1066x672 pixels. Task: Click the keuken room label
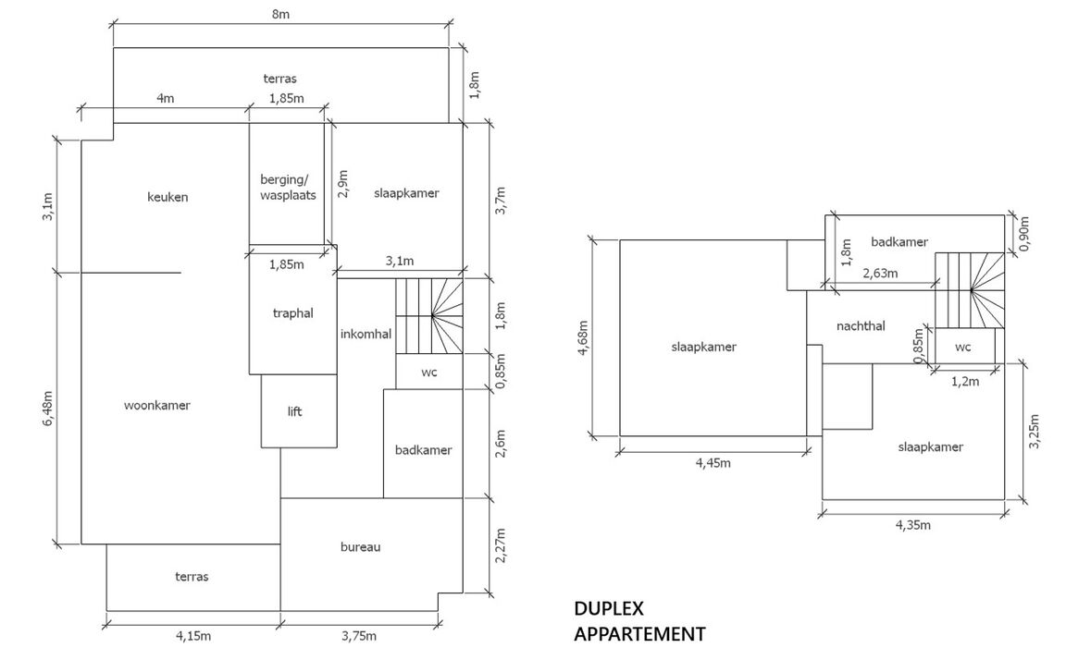(167, 197)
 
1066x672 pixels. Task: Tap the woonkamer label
(157, 405)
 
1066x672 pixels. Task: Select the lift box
(294, 412)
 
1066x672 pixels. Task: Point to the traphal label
(293, 313)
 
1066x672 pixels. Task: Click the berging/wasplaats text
(288, 188)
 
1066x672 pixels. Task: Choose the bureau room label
(361, 546)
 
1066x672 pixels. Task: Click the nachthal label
(861, 325)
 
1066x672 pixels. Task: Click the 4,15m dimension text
(192, 636)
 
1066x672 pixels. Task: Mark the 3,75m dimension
(358, 636)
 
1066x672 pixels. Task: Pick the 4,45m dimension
(713, 463)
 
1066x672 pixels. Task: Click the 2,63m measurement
(880, 274)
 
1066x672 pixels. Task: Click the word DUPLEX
(608, 609)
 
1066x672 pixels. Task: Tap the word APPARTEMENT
(639, 634)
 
